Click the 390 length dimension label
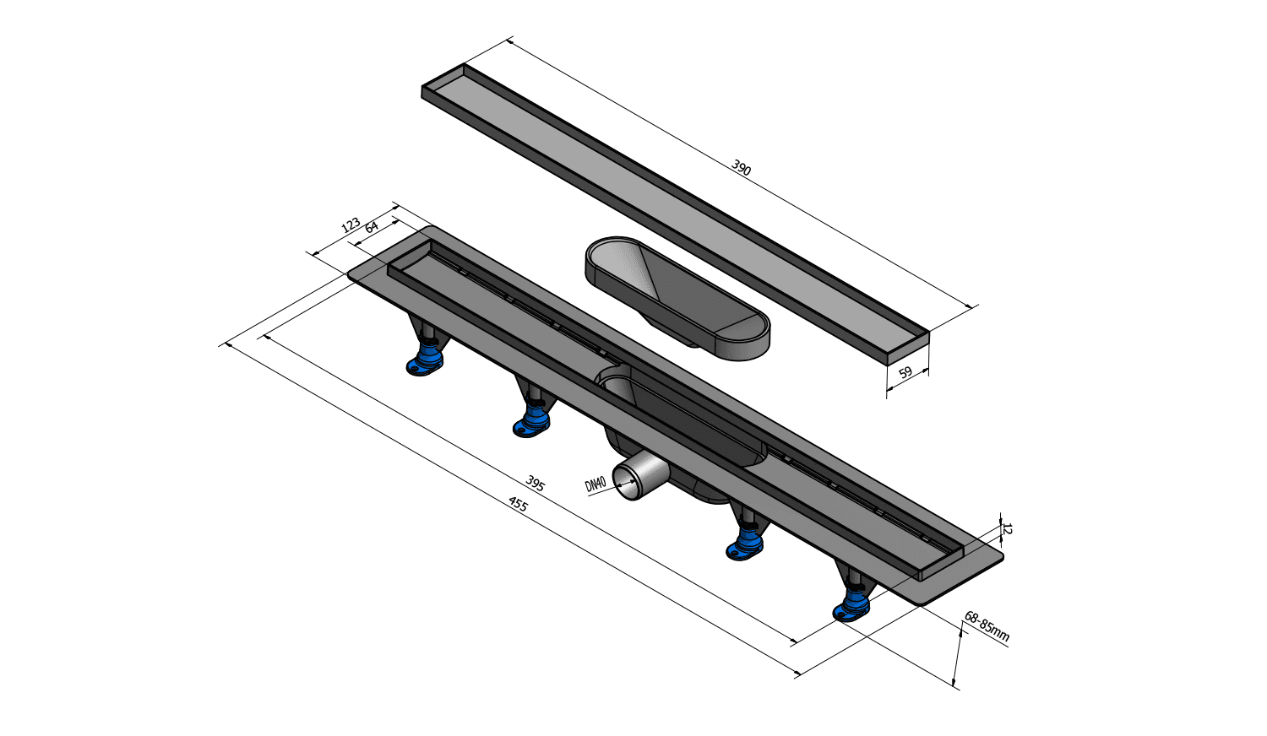(741, 167)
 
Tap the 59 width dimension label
(905, 372)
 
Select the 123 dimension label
(351, 225)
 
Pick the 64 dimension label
(372, 227)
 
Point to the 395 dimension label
(535, 483)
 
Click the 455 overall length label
(518, 503)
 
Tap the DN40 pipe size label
(595, 484)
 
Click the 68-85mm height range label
(987, 626)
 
